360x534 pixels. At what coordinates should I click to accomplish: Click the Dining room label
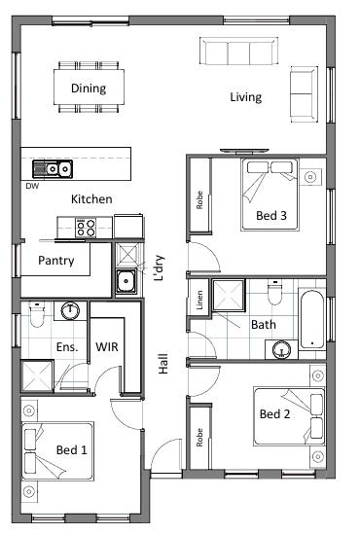[89, 89]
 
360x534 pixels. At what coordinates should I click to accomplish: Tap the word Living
[246, 97]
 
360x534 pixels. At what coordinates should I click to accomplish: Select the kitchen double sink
[53, 169]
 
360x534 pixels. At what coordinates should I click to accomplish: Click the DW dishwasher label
[32, 186]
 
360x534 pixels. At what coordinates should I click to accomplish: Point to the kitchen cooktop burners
[86, 228]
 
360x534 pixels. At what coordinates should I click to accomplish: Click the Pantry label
[56, 261]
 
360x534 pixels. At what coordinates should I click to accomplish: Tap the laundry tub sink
[126, 281]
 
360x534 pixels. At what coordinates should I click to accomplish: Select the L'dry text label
[159, 267]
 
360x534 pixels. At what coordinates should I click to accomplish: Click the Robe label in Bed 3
[199, 200]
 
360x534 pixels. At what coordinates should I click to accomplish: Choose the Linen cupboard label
[199, 300]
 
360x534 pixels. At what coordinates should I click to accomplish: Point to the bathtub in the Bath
[312, 319]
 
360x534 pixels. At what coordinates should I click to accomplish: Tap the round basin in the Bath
[281, 349]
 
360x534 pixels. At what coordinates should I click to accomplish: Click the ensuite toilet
[37, 314]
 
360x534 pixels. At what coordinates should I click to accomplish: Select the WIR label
[107, 347]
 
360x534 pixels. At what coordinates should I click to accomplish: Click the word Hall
[163, 364]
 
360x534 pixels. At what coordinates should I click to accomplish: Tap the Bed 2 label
[274, 414]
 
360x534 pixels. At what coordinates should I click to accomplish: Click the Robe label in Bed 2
[199, 438]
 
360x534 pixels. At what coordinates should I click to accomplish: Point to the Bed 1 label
[72, 450]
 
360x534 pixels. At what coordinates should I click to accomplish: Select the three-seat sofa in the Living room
[238, 52]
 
